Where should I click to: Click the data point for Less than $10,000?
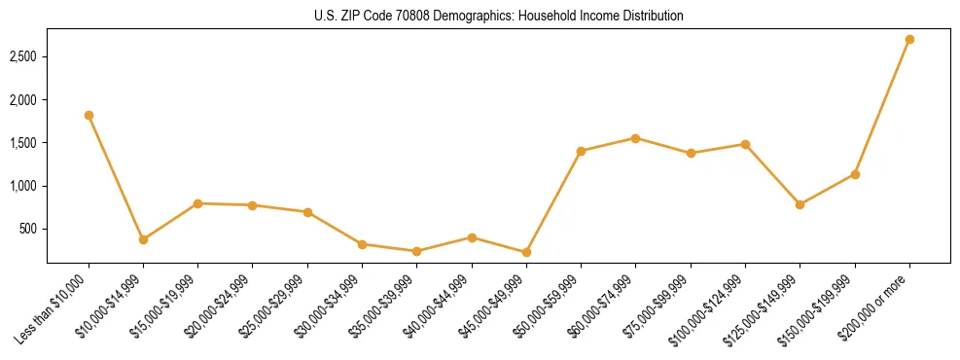(x=89, y=115)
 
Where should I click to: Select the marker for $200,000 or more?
(x=909, y=39)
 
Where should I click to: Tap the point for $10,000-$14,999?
(x=143, y=239)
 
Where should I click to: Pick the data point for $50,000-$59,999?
(x=581, y=151)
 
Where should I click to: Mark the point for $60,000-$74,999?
(x=635, y=138)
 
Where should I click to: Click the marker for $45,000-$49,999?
(x=526, y=252)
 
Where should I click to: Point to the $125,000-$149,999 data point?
(x=800, y=204)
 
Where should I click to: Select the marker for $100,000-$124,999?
(x=745, y=144)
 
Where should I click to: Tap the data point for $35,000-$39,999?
(x=416, y=251)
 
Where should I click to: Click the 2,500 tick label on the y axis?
(x=24, y=57)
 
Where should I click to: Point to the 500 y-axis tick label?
(x=29, y=230)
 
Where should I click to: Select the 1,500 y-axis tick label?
(x=24, y=143)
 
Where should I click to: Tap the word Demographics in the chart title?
(x=472, y=17)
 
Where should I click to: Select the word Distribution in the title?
(x=651, y=17)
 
